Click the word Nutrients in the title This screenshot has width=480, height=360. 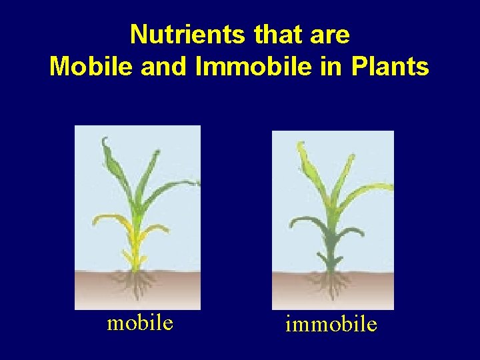[176, 34]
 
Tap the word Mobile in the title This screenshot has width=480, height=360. [87, 66]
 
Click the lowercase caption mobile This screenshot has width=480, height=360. [140, 323]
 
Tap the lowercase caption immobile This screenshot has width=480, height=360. [331, 325]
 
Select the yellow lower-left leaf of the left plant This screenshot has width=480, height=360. [107, 219]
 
